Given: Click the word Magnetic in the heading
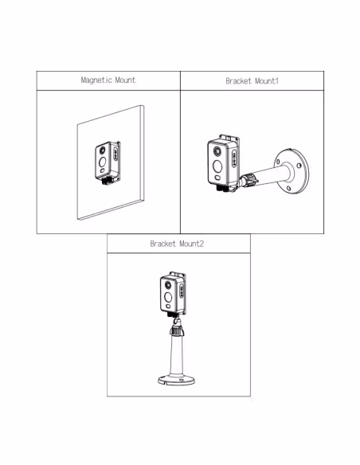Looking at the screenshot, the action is tap(96, 80).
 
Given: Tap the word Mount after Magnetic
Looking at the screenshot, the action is tap(125, 80).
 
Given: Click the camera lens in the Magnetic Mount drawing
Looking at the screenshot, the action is tap(102, 150).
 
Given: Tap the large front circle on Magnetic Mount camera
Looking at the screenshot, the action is tap(102, 162).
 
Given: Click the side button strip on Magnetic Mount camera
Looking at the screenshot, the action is tap(115, 154).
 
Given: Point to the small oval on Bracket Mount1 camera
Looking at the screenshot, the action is tap(217, 178).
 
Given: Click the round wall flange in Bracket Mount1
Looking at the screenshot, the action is tap(292, 171).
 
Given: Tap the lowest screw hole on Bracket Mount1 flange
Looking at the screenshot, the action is tap(288, 188).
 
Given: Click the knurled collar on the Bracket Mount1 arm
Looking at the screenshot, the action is tap(248, 180).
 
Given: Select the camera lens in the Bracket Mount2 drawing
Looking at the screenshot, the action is tap(168, 286).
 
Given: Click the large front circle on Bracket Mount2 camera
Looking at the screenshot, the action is tap(168, 297).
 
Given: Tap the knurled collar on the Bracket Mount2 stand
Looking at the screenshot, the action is tap(177, 330).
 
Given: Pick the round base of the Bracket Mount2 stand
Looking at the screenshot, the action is tap(177, 380).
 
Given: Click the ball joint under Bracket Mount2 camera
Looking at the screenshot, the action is tap(178, 321).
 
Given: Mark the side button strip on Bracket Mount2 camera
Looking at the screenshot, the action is tap(182, 291).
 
